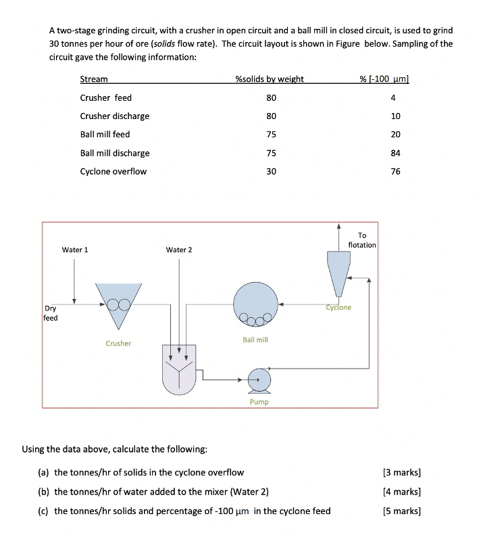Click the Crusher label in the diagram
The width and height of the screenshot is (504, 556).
click(x=118, y=344)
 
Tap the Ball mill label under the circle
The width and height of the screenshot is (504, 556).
click(x=255, y=340)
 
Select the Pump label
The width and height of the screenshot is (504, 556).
click(x=259, y=402)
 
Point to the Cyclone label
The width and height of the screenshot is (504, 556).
click(x=338, y=308)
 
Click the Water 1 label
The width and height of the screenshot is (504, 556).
click(x=75, y=250)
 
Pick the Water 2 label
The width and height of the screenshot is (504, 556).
click(x=179, y=250)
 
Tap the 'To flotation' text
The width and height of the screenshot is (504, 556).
click(x=362, y=240)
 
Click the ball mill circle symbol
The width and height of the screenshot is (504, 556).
click(x=255, y=303)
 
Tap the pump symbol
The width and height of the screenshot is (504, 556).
click(x=259, y=380)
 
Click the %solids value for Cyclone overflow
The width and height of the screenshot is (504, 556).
click(x=271, y=172)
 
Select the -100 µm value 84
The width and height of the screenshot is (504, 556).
click(x=395, y=154)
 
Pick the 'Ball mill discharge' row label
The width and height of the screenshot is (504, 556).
click(x=115, y=154)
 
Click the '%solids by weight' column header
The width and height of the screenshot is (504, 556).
click(x=269, y=79)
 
